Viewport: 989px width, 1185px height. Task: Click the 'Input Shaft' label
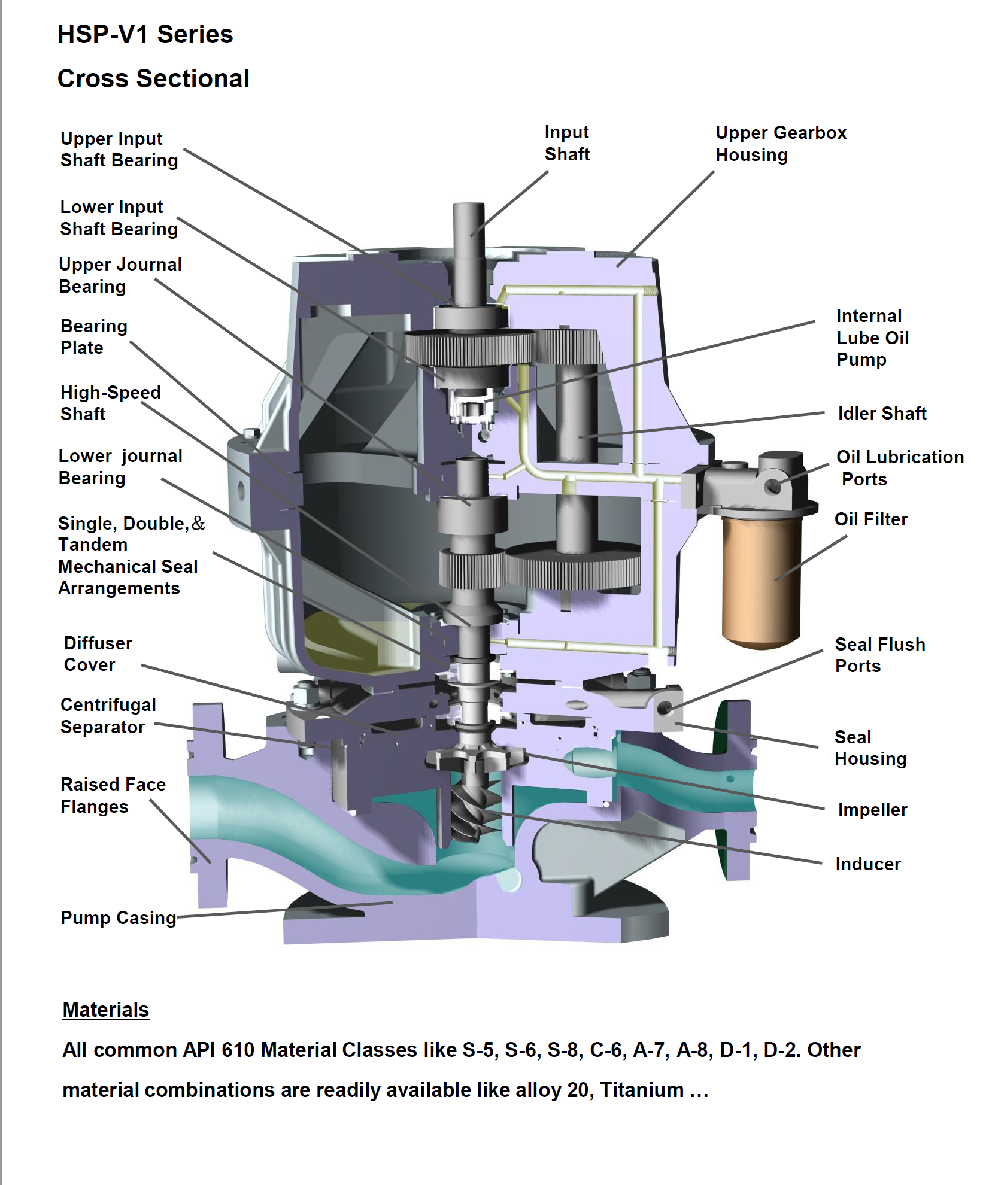click(x=566, y=144)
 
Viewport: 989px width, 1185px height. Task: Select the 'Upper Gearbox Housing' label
click(x=781, y=144)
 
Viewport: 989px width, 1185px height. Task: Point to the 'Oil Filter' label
click(x=870, y=519)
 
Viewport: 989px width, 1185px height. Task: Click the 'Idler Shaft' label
click(x=881, y=414)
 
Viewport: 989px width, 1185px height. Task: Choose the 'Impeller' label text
click(x=872, y=810)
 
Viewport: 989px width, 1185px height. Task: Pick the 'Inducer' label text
click(x=867, y=864)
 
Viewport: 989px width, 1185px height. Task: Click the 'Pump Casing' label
click(x=119, y=918)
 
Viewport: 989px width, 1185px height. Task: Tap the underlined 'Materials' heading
click(x=106, y=1010)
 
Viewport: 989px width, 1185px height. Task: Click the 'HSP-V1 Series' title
click(x=145, y=35)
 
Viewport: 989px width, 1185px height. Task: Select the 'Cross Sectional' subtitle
click(x=153, y=79)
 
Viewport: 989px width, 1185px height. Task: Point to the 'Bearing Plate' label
click(x=94, y=337)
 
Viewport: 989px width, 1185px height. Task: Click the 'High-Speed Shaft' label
click(x=111, y=403)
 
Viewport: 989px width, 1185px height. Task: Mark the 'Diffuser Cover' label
click(x=98, y=654)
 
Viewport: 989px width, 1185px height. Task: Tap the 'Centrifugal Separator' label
click(x=108, y=716)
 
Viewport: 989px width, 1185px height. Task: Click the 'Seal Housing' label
click(x=870, y=748)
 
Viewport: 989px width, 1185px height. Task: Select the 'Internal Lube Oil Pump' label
click(x=872, y=338)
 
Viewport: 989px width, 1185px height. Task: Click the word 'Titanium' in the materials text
click(x=642, y=1090)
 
